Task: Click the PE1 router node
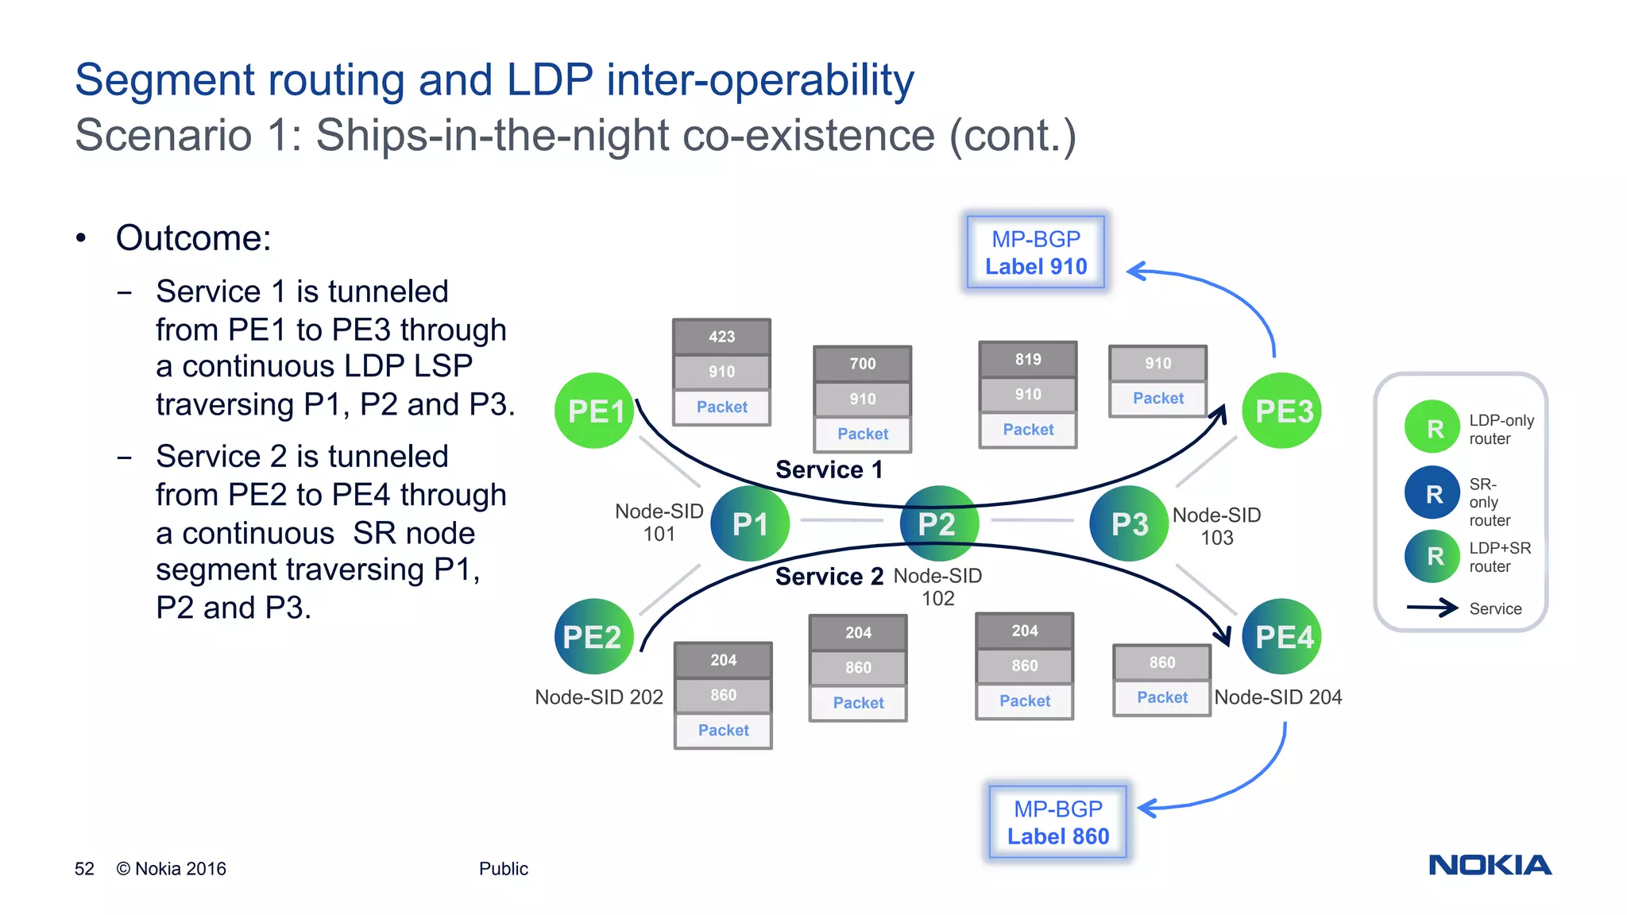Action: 594,411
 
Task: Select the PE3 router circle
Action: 1281,411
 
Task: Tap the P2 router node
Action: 938,523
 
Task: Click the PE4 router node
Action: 1281,636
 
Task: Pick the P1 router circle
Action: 750,523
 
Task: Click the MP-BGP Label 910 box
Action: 1036,253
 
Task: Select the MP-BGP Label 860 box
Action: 1057,822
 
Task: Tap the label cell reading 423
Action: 721,337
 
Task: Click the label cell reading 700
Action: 862,364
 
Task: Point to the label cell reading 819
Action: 1027,360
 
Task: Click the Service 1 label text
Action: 829,469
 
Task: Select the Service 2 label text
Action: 829,576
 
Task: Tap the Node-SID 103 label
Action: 1216,526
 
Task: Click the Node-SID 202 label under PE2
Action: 598,697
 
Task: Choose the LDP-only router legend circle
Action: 1432,427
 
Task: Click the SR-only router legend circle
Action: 1432,493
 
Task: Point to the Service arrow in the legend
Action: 1432,608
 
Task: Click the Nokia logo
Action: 1490,865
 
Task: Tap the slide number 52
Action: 84,869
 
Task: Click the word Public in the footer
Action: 503,869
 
